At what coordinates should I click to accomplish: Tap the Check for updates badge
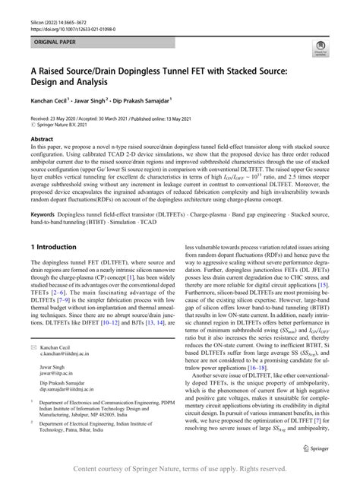[321, 49]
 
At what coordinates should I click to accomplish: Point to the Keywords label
[43, 215]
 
